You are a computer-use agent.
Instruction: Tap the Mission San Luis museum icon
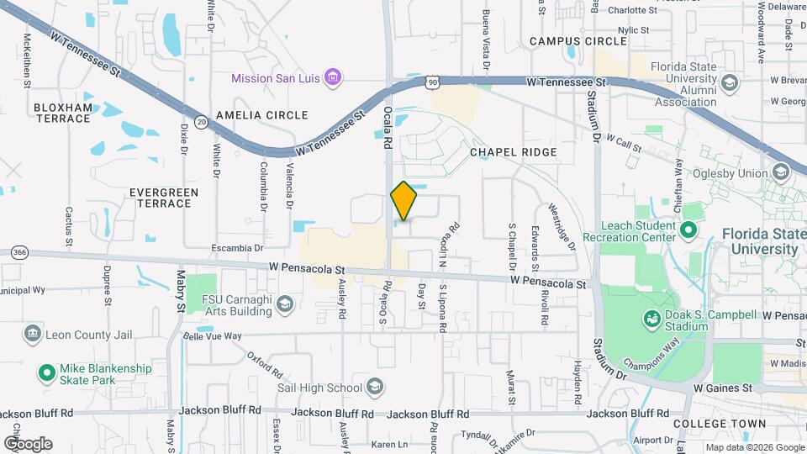(x=334, y=78)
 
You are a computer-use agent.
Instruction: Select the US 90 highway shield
(x=432, y=82)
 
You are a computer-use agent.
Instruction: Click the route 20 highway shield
(x=201, y=122)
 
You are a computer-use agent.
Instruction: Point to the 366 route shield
(x=19, y=252)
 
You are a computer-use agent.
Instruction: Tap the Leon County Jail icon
(x=33, y=335)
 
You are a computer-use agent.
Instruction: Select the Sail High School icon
(x=375, y=388)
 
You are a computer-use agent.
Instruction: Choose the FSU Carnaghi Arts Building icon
(x=286, y=304)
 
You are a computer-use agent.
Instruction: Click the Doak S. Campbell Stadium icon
(x=651, y=319)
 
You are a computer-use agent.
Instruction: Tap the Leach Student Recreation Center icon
(x=689, y=230)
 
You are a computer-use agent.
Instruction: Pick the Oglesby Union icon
(x=781, y=173)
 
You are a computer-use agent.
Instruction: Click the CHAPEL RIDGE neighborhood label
(x=513, y=152)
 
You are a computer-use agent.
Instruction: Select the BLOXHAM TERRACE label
(x=61, y=113)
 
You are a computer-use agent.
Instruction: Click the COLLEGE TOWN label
(x=720, y=424)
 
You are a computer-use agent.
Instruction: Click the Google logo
(x=28, y=443)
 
